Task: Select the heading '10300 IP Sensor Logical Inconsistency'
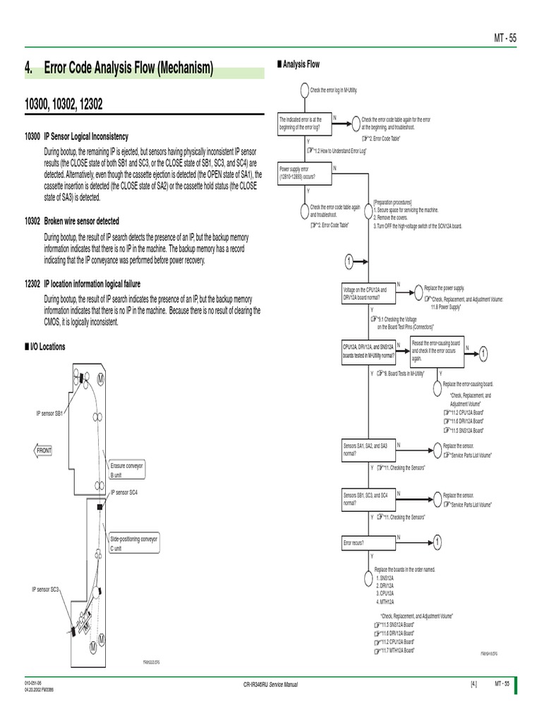point(86,136)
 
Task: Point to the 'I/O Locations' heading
point(46,347)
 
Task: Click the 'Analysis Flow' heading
point(301,64)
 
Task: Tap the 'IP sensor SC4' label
point(124,491)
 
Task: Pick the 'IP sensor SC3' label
point(44,588)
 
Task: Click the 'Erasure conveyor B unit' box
point(127,470)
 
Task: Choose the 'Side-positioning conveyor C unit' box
point(134,543)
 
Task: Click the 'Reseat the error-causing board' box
point(435,350)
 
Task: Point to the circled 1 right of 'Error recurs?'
point(437,542)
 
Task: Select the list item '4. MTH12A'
point(385,602)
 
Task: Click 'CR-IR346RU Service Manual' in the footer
point(270,684)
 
